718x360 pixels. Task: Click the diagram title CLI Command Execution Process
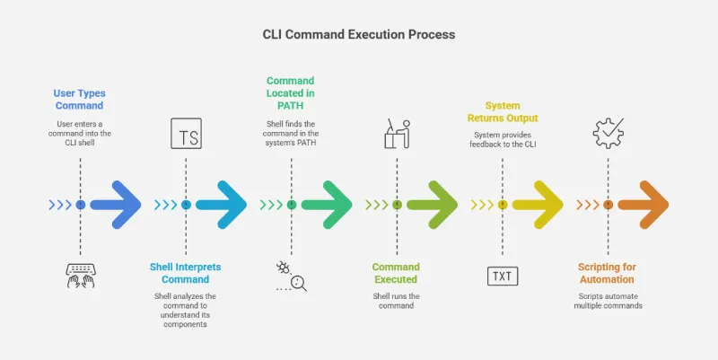358,34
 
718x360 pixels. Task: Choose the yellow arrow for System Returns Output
538,205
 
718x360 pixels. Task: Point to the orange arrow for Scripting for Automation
643,205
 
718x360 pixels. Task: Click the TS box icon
186,136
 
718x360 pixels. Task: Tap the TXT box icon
502,276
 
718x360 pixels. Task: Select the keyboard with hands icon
81,276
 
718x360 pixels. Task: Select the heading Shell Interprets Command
186,273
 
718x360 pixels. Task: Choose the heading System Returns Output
502,111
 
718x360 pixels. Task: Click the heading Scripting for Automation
607,273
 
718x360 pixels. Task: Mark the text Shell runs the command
396,301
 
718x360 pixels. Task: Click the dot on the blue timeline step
81,205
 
